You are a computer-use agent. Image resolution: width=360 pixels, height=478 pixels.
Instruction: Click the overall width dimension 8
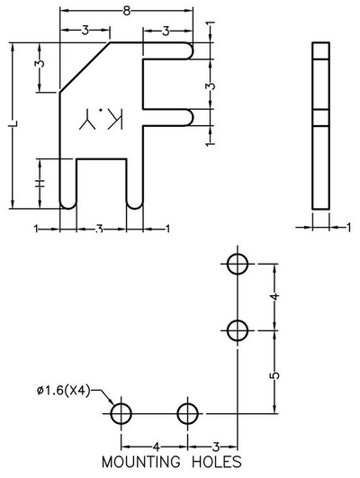(x=127, y=12)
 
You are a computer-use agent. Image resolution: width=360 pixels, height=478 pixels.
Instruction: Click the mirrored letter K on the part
(x=115, y=118)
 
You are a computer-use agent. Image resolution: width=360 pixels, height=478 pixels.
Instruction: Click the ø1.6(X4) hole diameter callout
(x=63, y=390)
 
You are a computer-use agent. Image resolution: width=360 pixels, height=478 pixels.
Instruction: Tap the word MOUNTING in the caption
(x=140, y=462)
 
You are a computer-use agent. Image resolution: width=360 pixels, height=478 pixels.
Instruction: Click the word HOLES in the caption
(x=217, y=462)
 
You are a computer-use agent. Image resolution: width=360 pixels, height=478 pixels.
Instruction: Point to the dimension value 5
(x=275, y=375)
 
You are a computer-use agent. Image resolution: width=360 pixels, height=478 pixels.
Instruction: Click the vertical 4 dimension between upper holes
(x=275, y=296)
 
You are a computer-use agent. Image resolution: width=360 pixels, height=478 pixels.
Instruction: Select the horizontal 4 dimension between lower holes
(x=156, y=446)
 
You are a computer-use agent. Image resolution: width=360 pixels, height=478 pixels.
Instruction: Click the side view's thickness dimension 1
(x=348, y=228)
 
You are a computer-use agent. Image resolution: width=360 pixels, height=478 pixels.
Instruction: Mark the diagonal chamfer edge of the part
(x=85, y=68)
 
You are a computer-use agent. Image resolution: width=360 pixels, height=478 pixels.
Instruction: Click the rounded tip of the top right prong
(x=193, y=51)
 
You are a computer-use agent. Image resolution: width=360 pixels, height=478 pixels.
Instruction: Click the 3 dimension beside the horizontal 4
(x=216, y=446)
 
